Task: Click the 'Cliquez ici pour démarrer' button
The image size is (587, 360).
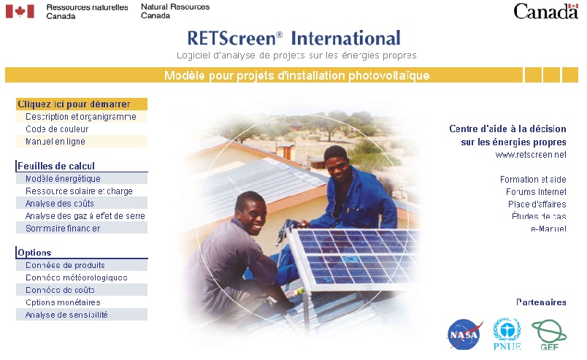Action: [74, 104]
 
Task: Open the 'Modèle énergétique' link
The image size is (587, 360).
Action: [63, 178]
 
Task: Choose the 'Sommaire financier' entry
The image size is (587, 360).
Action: [63, 228]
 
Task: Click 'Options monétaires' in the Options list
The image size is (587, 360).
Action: [63, 302]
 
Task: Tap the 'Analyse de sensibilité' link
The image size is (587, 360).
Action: [66, 315]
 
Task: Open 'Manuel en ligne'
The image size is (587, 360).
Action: [55, 141]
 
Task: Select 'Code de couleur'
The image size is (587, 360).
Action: [57, 129]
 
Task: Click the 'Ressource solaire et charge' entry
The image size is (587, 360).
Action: [79, 191]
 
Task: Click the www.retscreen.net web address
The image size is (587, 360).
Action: [531, 155]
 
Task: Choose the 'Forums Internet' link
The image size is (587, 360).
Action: [536, 191]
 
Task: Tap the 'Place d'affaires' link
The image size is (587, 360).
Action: [537, 204]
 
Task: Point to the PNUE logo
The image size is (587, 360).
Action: [507, 333]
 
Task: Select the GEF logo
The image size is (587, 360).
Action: [549, 334]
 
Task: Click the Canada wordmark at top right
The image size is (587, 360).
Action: [546, 11]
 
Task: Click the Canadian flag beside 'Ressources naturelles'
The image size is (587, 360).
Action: [20, 11]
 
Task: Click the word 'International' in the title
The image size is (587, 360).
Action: [345, 38]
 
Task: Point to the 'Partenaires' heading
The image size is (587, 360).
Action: [541, 302]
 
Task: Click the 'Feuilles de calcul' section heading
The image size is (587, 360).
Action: [56, 166]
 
